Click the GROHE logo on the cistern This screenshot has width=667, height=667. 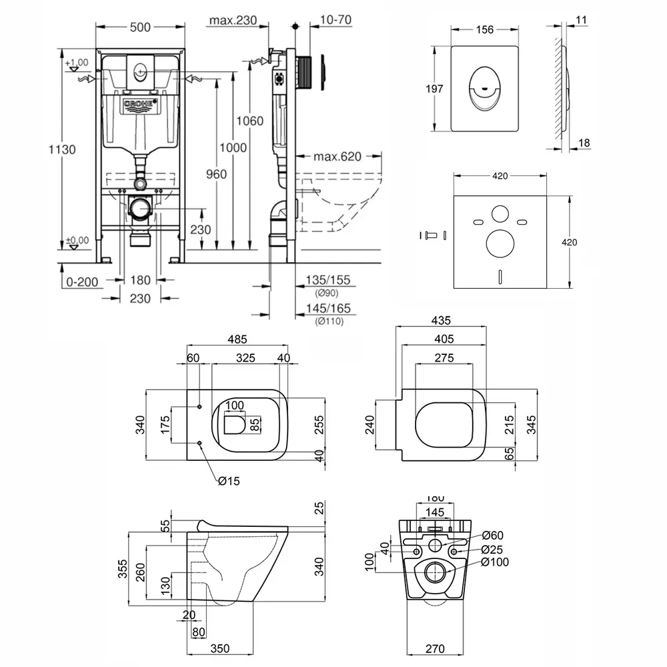pyautogui.click(x=140, y=105)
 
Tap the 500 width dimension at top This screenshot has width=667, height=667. pyautogui.click(x=139, y=27)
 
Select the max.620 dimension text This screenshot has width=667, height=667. pyautogui.click(x=337, y=157)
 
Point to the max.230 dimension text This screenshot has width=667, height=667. pyautogui.click(x=233, y=21)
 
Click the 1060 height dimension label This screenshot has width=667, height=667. pyautogui.click(x=251, y=121)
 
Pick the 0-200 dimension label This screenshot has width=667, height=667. pyautogui.click(x=83, y=281)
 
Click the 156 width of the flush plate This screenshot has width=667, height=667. pyautogui.click(x=485, y=29)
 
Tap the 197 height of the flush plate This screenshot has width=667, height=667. pyautogui.click(x=436, y=89)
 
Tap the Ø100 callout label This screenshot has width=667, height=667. pyautogui.click(x=494, y=562)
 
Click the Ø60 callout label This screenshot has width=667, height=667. pyautogui.click(x=492, y=535)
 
